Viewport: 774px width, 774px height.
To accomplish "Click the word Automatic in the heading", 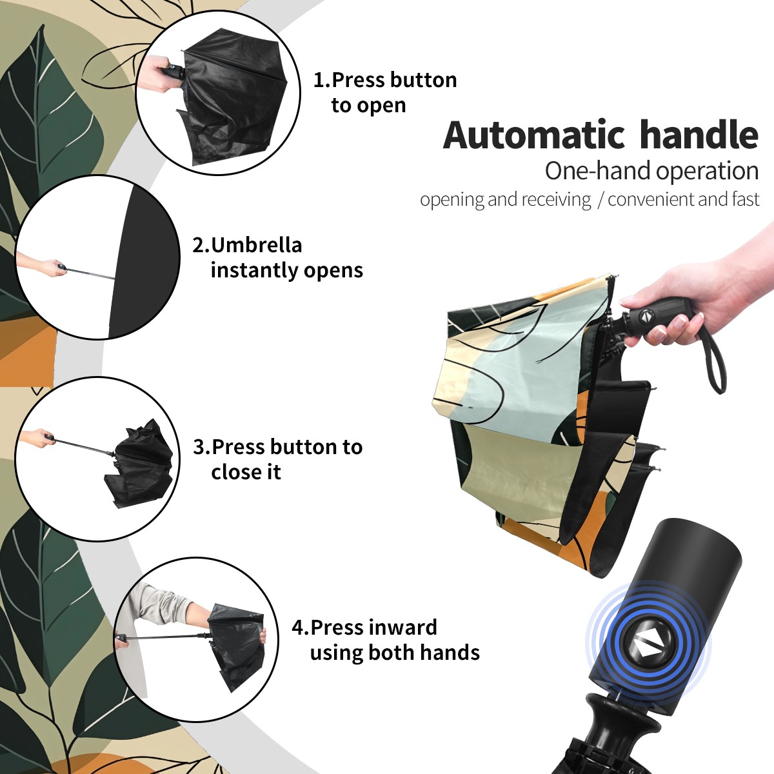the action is coord(534,135).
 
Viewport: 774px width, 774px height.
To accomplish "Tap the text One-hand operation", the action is coord(651,171).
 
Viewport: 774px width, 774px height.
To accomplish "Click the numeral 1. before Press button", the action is coord(321,80).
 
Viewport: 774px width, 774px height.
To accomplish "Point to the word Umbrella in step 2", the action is coord(256,245).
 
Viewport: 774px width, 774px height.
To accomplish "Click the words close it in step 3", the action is coord(246,471).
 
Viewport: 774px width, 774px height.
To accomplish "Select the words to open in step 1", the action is coord(368,106).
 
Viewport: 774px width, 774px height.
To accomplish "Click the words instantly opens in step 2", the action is coord(287,270).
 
